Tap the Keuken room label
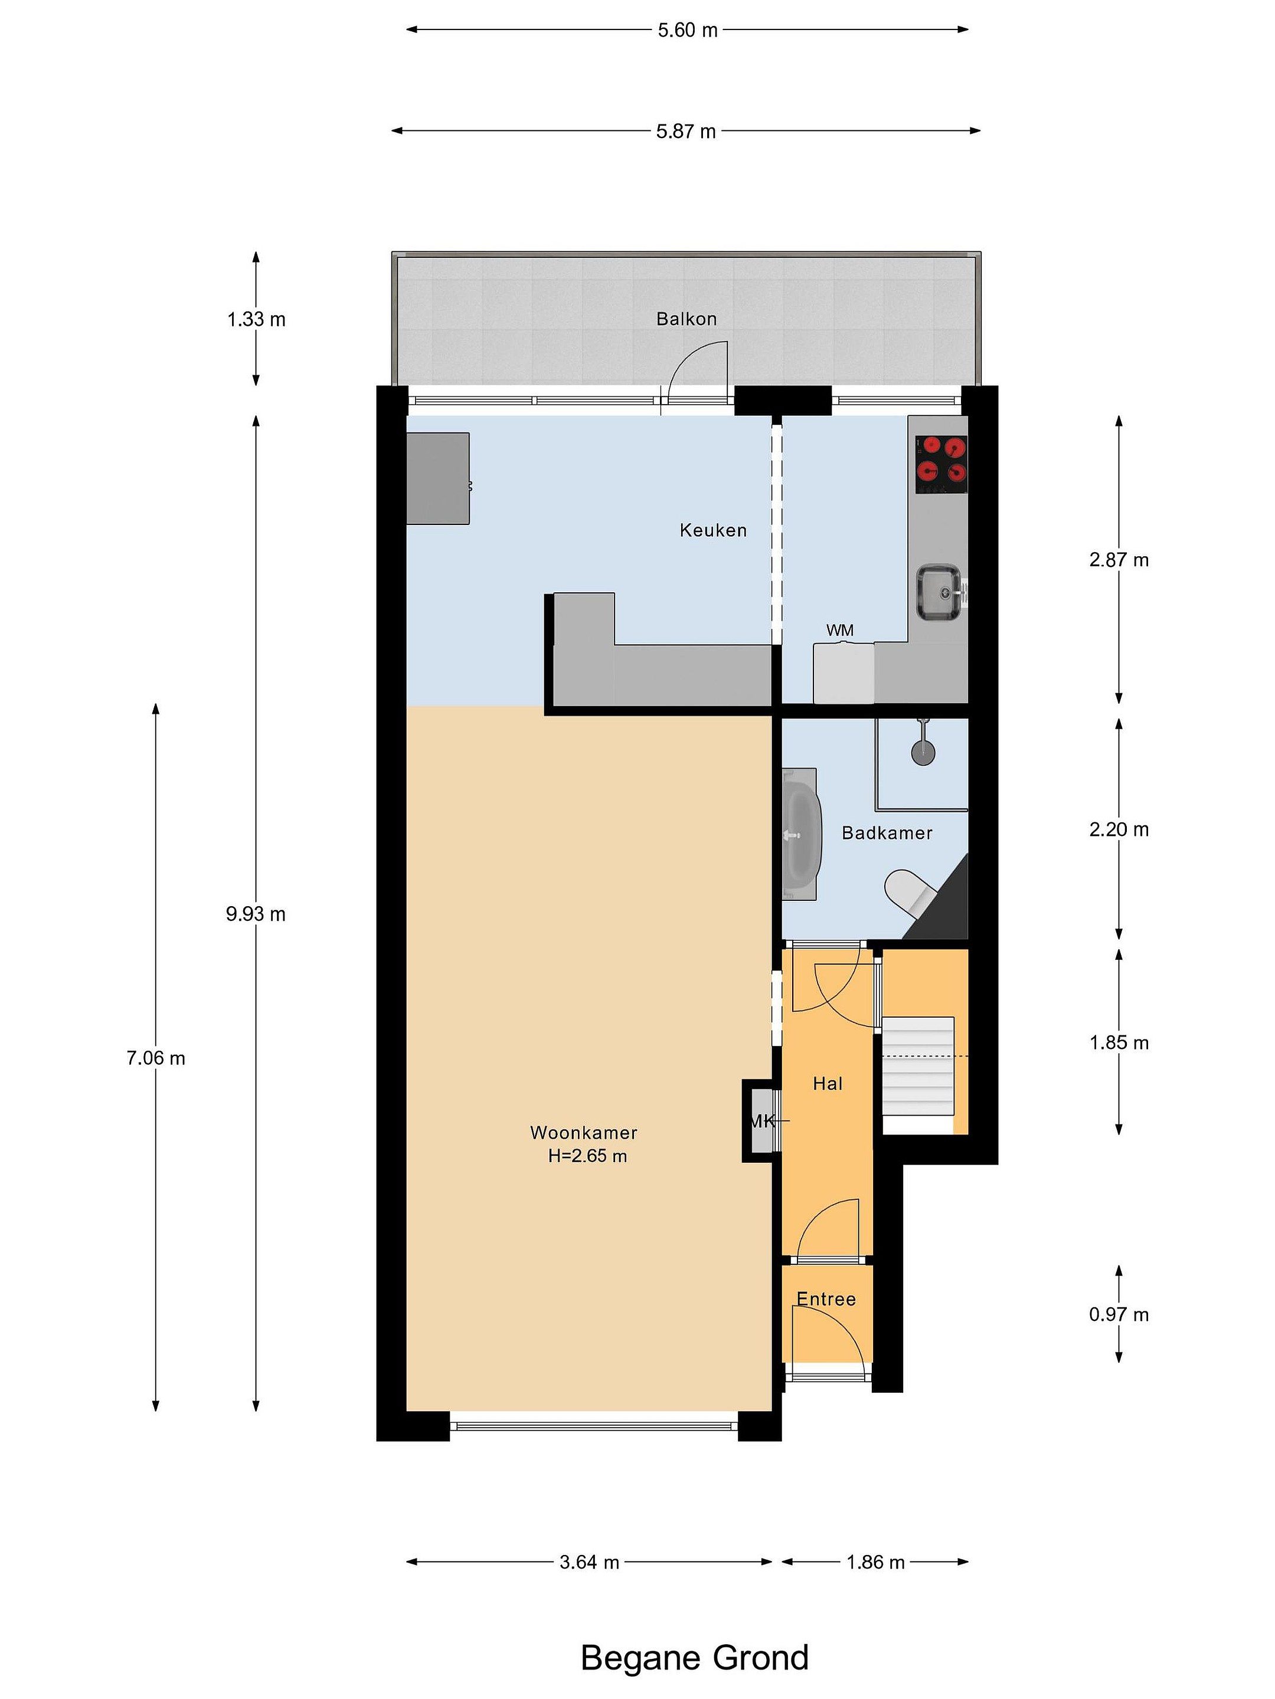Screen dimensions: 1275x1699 [712, 530]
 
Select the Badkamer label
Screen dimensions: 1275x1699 [887, 832]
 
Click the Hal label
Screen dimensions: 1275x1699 [828, 1084]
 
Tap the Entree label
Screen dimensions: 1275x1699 [826, 1299]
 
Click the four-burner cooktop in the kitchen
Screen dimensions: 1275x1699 [941, 465]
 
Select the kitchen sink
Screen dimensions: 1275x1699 [940, 592]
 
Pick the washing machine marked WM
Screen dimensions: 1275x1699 [843, 673]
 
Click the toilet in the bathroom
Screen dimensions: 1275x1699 [911, 893]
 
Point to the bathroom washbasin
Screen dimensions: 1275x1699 [802, 834]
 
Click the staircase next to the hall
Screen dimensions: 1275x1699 [918, 1066]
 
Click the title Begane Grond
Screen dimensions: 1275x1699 [695, 1658]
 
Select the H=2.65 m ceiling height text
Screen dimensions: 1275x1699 [587, 1156]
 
